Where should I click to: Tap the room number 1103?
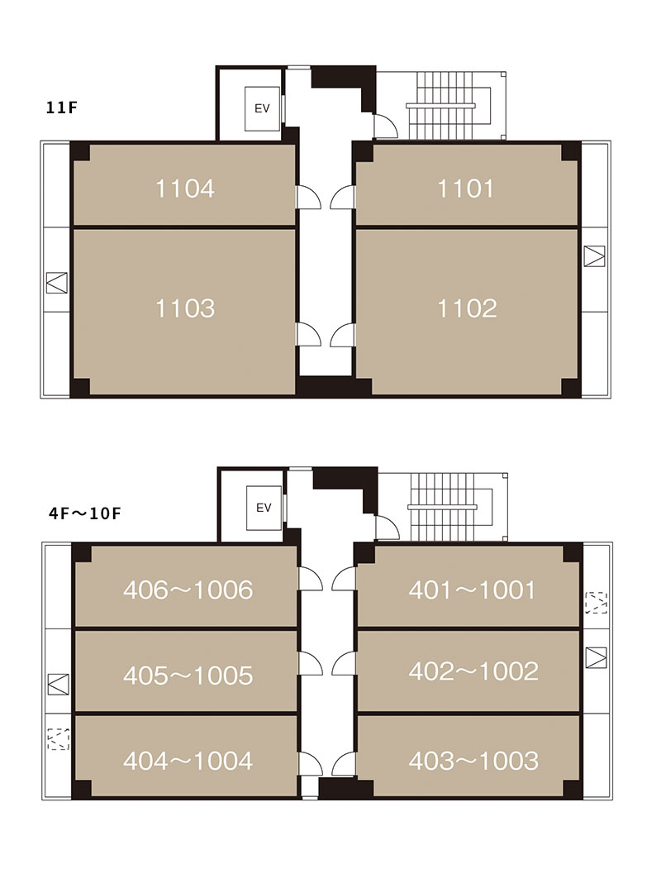point(185,308)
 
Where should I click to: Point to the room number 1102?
point(467,308)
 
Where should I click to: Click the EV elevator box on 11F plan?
point(262,108)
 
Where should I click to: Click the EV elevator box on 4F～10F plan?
point(263,508)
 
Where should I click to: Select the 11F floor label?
point(61,107)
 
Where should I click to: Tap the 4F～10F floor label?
point(85,513)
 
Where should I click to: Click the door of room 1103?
point(308,334)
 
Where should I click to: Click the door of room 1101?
point(342,197)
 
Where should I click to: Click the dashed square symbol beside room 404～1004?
point(58,739)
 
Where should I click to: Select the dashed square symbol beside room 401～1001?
point(596,603)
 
